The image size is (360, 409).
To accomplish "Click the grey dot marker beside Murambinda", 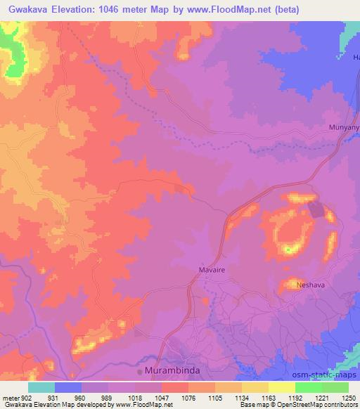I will tap(140, 370).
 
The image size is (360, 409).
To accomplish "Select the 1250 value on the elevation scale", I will tap(349, 398).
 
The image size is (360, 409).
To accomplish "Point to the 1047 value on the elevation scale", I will tap(161, 398).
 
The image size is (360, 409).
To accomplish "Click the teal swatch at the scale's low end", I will tap(41, 387).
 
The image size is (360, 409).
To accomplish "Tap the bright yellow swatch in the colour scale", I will tap(282, 387).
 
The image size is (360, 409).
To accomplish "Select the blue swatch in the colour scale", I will tap(68, 387).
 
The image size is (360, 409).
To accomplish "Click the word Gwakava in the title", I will tap(29, 9).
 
